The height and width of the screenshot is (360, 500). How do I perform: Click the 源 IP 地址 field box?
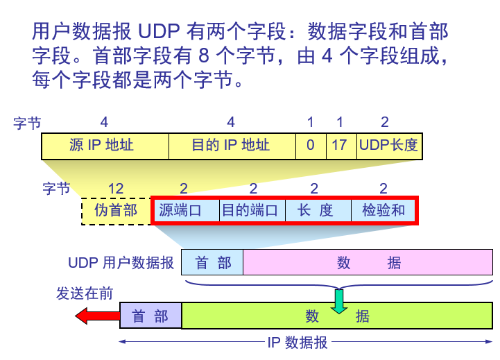pos(105,146)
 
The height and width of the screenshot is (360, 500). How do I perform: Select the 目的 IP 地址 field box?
pos(232,146)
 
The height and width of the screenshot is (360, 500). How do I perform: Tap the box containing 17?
pos(340,146)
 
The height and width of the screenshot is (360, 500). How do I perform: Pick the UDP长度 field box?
pos(388,146)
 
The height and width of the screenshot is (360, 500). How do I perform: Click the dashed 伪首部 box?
pos(116,210)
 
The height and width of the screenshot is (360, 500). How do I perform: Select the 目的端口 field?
pos(252,210)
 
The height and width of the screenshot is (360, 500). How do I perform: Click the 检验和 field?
pos(383,210)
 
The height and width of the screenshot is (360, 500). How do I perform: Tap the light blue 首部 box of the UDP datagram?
pos(212,263)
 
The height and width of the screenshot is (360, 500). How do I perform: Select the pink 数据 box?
pos(368,263)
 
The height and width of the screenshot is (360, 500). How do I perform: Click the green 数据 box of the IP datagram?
pos(337,316)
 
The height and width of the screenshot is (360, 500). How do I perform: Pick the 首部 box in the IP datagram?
pos(150,316)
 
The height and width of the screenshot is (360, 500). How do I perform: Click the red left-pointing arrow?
pos(96,317)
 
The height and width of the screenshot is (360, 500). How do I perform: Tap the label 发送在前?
pos(85,293)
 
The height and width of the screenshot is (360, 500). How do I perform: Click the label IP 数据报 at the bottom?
pos(298,343)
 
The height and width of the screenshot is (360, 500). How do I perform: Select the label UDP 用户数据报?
pos(121,264)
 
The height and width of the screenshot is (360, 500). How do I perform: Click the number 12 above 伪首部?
pos(116,189)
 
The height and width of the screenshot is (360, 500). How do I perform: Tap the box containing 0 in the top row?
pos(310,146)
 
